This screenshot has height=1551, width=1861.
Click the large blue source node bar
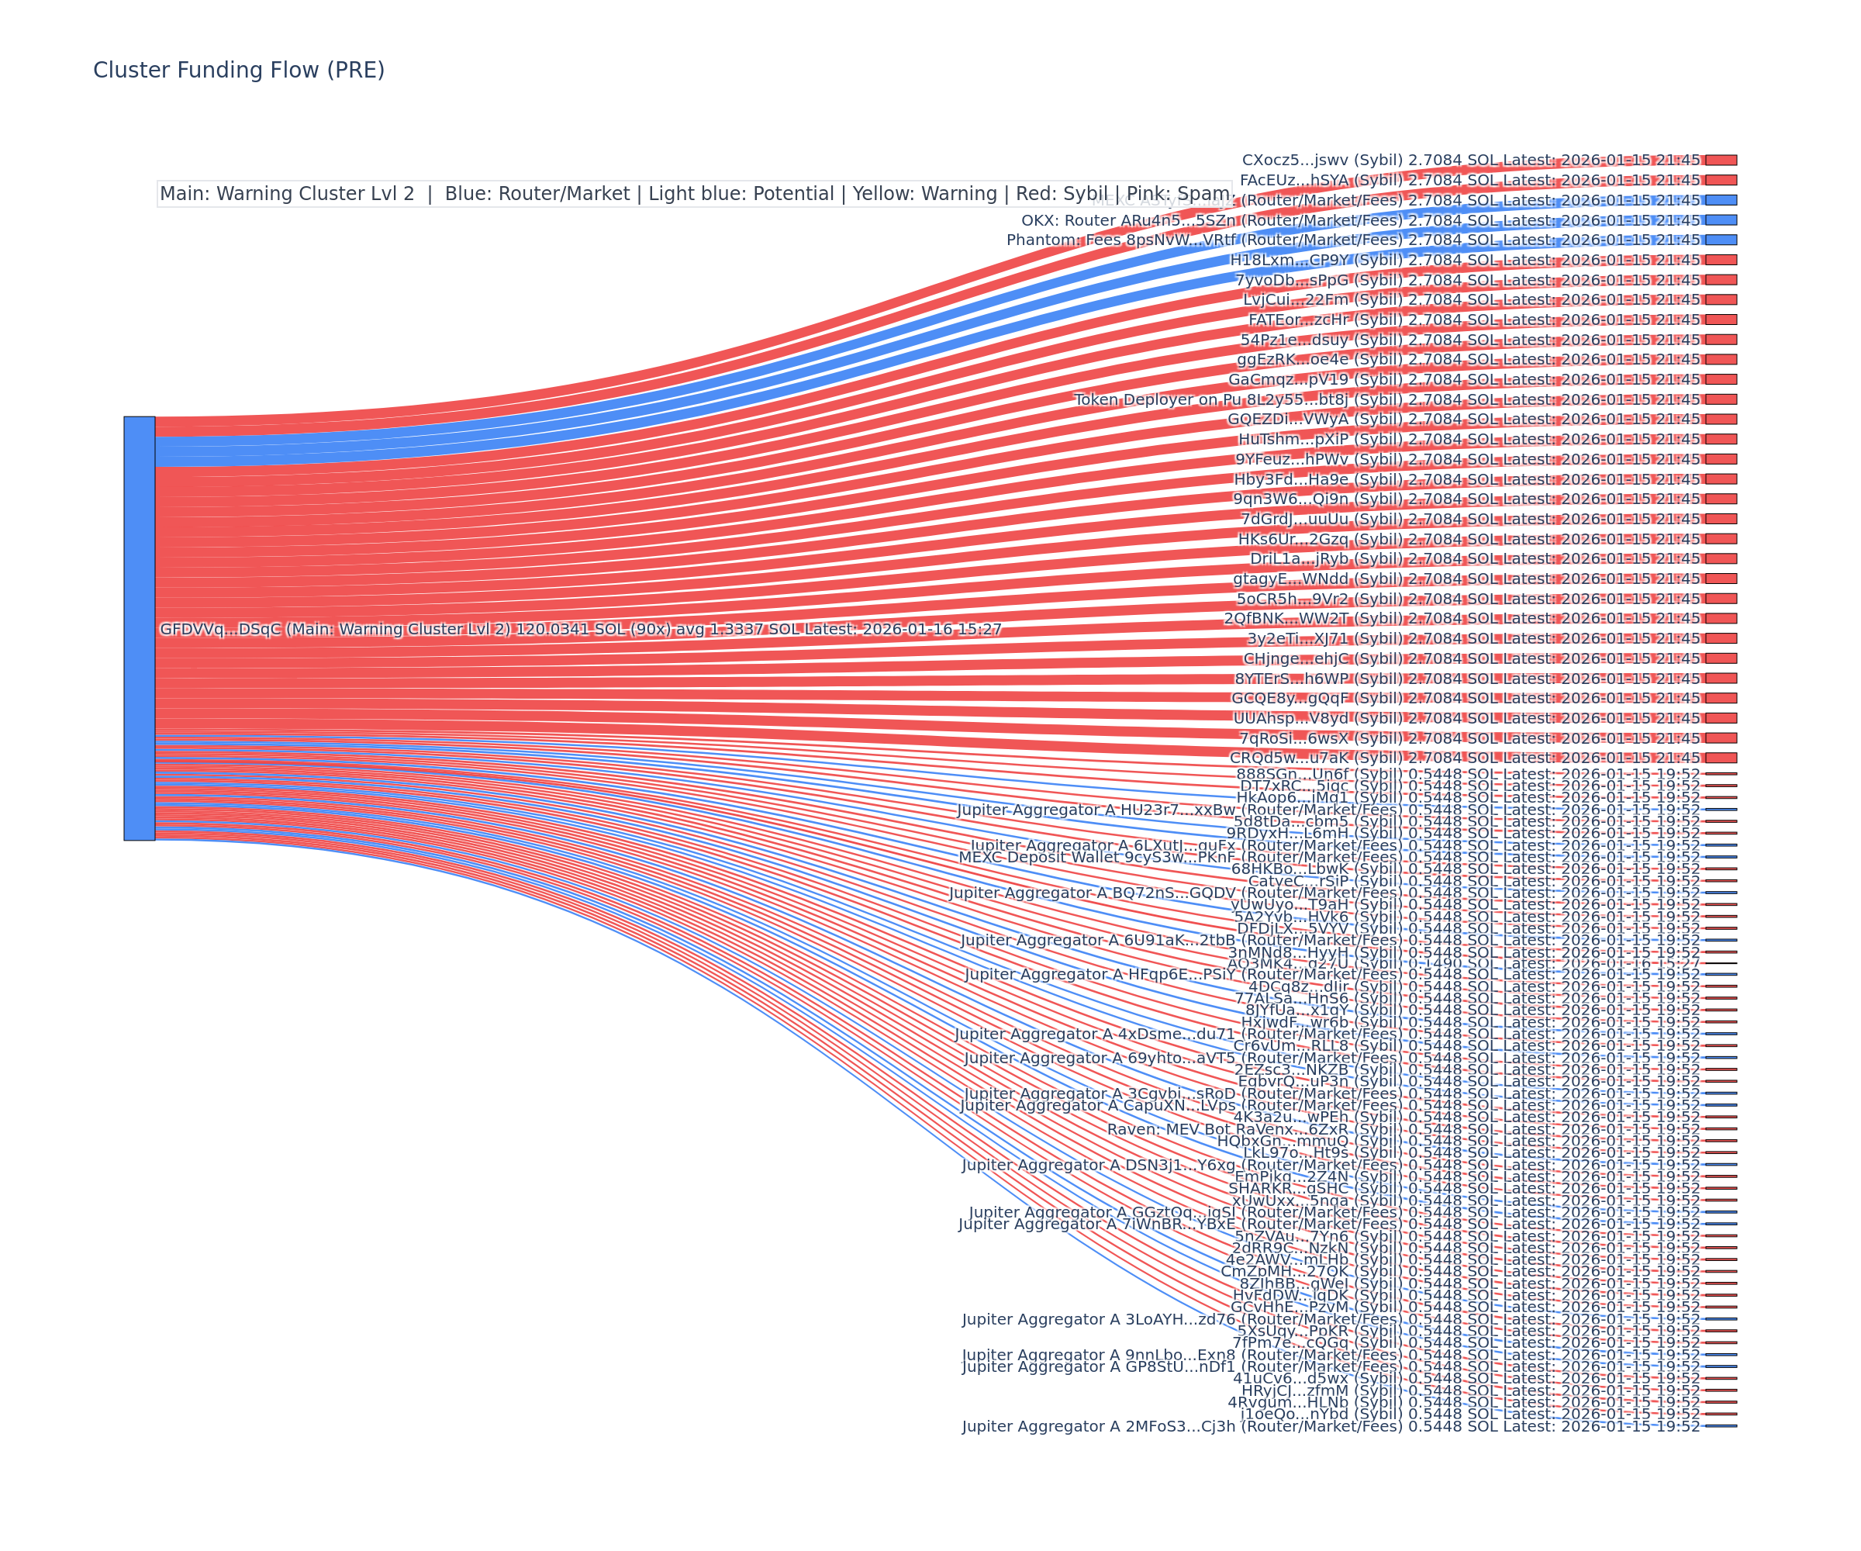(x=139, y=627)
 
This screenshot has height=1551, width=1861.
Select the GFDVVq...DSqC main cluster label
(x=581, y=629)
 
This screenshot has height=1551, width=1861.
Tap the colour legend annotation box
(x=694, y=193)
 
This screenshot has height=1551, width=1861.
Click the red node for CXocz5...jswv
(x=1721, y=161)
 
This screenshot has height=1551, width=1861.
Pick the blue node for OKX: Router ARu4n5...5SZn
(x=1721, y=219)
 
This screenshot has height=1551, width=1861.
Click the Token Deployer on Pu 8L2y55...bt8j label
(x=1387, y=399)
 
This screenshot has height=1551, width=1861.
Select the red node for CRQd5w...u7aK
(x=1721, y=758)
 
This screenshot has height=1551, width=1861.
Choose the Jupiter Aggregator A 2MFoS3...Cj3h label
(x=1331, y=1426)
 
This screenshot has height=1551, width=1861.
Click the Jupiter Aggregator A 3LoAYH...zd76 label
(x=1331, y=1319)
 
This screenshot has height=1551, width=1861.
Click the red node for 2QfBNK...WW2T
(x=1721, y=619)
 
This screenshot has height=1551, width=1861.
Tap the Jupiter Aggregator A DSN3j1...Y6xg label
(x=1331, y=1165)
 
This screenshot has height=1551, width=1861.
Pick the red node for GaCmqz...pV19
(x=1721, y=379)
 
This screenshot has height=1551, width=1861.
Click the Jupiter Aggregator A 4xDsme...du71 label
(x=1327, y=1034)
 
